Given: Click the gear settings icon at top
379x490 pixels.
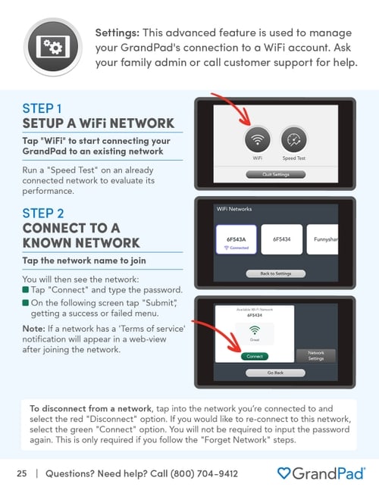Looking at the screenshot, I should tap(52, 46).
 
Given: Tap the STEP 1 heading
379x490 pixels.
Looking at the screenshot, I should tap(43, 108).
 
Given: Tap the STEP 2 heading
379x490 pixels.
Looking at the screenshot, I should tap(43, 213).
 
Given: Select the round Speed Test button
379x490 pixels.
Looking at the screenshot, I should tap(294, 141).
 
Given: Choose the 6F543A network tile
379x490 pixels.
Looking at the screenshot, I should tap(236, 242).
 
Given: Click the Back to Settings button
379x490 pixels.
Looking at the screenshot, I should tap(276, 273).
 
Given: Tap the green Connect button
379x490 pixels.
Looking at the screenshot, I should tap(255, 356).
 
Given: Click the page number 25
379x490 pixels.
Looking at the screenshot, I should tap(22, 474).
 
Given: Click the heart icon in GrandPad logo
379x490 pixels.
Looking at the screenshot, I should tap(283, 474).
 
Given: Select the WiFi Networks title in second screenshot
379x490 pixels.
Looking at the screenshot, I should tap(234, 209).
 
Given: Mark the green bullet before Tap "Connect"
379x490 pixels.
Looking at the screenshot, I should tap(25, 291).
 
